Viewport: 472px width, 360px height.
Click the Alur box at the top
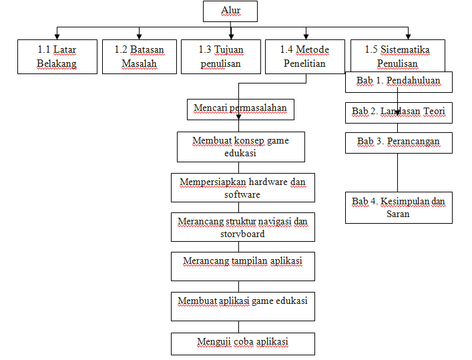tap(230, 11)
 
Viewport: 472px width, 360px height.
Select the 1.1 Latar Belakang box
tap(57, 56)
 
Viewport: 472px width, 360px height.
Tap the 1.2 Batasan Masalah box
tap(139, 56)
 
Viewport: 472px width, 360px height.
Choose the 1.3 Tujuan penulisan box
tap(221, 56)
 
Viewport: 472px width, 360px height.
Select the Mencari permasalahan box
tap(241, 108)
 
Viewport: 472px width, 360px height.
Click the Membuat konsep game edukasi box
tap(241, 146)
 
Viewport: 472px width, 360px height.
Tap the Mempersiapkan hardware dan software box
tap(242, 188)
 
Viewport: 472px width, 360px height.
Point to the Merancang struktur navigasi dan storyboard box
tap(242, 227)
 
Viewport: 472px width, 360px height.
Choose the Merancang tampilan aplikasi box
tap(242, 266)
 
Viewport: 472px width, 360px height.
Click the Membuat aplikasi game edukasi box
tap(242, 306)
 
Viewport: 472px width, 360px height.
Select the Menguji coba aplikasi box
tap(242, 343)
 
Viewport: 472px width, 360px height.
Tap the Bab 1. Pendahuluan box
tap(399, 81)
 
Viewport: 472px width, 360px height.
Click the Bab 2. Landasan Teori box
tap(399, 112)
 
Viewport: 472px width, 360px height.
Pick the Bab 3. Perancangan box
tap(399, 142)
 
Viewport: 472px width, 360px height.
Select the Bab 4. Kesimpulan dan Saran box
tap(399, 207)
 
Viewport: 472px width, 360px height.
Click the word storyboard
tap(242, 234)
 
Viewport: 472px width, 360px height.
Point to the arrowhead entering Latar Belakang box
tap(57, 36)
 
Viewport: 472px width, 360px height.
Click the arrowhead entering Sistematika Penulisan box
tap(408, 36)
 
